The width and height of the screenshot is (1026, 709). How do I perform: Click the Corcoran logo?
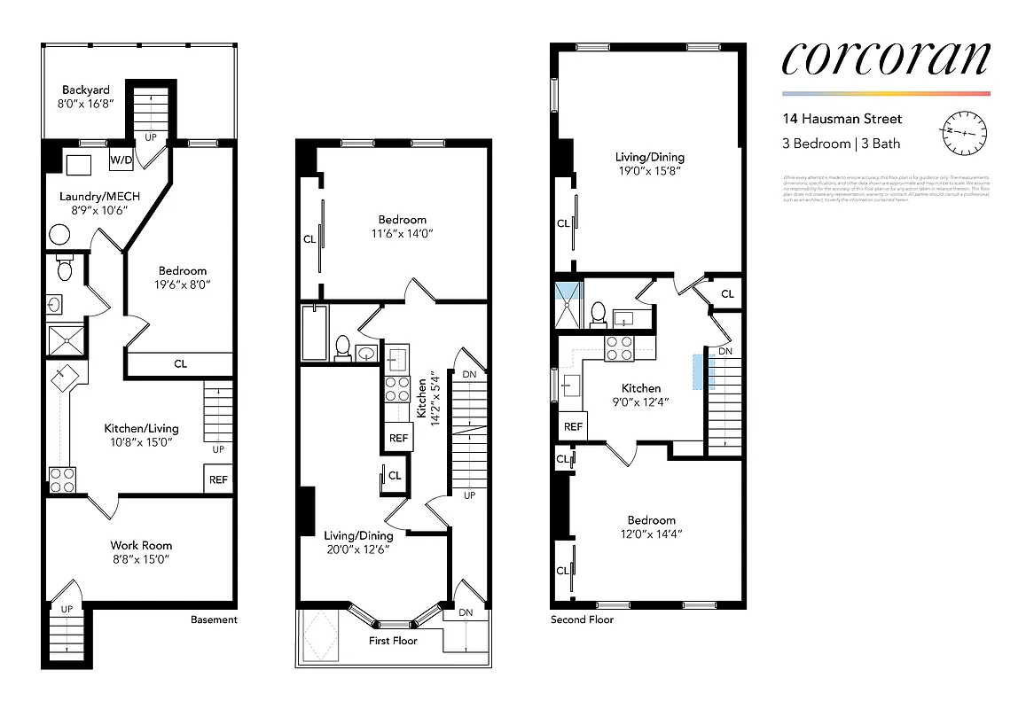pyautogui.click(x=885, y=58)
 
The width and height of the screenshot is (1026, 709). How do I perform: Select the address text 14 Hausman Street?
pyautogui.click(x=842, y=119)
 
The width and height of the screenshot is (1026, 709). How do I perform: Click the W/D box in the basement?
pyautogui.click(x=120, y=160)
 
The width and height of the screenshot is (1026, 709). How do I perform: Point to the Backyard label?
pyautogui.click(x=86, y=90)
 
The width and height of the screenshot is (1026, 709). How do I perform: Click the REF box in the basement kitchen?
pyautogui.click(x=218, y=479)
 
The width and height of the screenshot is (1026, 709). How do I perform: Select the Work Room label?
pyautogui.click(x=141, y=545)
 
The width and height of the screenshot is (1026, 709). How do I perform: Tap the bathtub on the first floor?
pyautogui.click(x=314, y=333)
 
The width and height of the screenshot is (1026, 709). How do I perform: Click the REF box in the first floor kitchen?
pyautogui.click(x=398, y=438)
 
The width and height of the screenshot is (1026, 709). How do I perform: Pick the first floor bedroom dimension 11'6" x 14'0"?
pyautogui.click(x=402, y=234)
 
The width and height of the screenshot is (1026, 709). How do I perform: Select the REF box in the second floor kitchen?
pyautogui.click(x=573, y=426)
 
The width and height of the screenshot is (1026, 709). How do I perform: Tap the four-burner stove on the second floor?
pyautogui.click(x=617, y=348)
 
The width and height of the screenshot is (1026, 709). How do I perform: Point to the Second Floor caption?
pyautogui.click(x=582, y=619)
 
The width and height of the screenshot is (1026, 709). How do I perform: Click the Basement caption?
pyautogui.click(x=214, y=619)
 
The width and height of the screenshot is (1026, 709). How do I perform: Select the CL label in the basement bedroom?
pyautogui.click(x=180, y=363)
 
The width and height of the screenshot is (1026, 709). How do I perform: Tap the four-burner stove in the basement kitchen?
pyautogui.click(x=61, y=480)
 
